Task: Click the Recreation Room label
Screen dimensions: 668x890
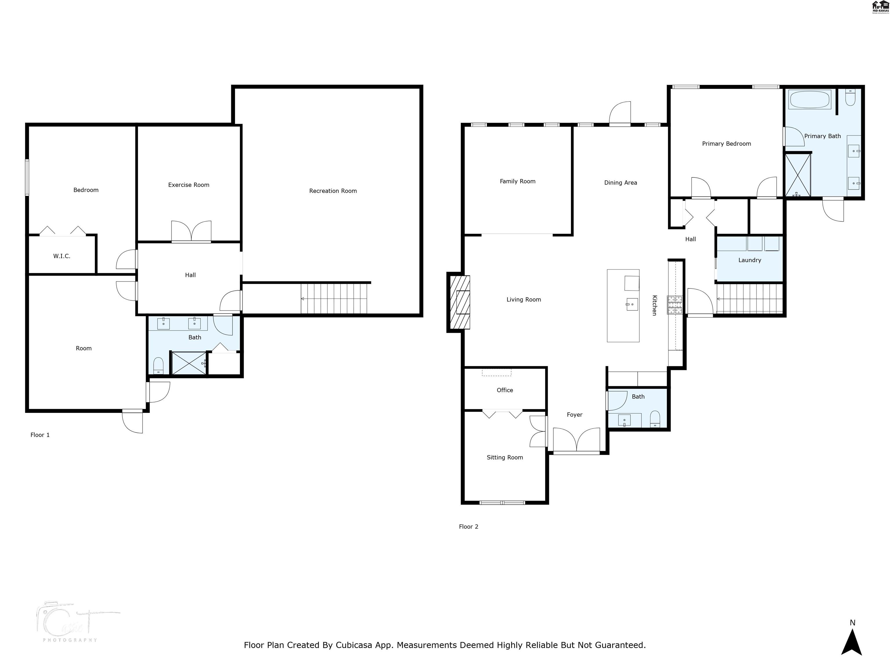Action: click(333, 191)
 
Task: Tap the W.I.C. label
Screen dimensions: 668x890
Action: click(61, 256)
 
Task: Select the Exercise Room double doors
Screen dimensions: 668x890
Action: click(191, 232)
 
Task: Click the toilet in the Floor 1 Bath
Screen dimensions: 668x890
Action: click(158, 366)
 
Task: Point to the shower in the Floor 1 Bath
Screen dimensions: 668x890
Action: click(189, 364)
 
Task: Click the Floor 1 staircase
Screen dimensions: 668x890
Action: click(334, 298)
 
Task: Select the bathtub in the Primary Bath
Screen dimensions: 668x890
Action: click(809, 99)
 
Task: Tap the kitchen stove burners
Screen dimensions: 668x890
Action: click(675, 305)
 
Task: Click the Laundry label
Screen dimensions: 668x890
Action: click(749, 260)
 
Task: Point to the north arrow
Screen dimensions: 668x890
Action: click(852, 643)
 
